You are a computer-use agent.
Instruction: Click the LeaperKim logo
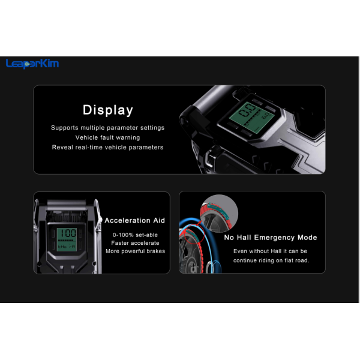point(32,64)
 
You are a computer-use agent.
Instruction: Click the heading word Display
point(108,110)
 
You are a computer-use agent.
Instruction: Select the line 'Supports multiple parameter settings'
point(107,128)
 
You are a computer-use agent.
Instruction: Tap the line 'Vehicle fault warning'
point(107,137)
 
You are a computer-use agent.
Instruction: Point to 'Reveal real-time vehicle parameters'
point(107,148)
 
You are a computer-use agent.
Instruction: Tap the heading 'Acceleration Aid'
point(135,220)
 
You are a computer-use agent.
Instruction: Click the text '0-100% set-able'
point(135,235)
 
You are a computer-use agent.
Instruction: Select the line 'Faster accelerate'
point(135,243)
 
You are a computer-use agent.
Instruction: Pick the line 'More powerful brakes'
point(135,251)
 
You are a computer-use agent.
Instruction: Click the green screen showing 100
point(67,239)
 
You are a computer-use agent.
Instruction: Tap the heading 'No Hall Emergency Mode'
point(271,238)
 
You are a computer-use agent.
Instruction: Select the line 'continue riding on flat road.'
point(271,260)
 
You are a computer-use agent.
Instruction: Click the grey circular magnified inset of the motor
point(219,213)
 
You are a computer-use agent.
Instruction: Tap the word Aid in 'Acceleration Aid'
point(159,220)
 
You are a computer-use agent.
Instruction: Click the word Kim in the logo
point(50,63)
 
